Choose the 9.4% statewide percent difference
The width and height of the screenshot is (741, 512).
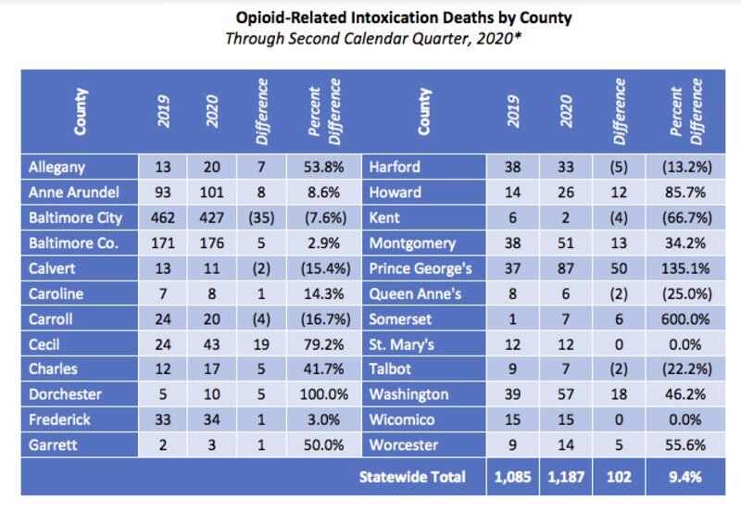pos(685,477)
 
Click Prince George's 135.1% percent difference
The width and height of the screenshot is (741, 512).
pos(685,268)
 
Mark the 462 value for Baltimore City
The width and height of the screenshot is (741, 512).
pos(161,218)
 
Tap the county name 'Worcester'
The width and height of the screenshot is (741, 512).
pos(404,444)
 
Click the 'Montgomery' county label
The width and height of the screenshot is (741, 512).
pos(412,244)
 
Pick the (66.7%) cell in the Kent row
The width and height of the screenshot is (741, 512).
pos(685,218)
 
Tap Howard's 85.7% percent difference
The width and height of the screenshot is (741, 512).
pos(685,193)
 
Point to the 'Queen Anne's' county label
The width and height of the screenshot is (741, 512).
pos(415,293)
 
